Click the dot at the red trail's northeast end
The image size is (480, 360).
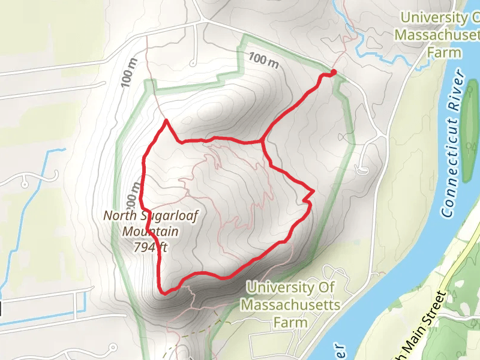coord(333,73)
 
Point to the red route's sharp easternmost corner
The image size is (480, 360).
coord(313,191)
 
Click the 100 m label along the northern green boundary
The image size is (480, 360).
coord(265,60)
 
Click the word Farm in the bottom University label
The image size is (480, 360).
coord(290,322)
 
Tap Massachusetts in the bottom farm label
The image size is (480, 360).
coord(290,305)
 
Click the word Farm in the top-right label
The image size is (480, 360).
coord(444,52)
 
